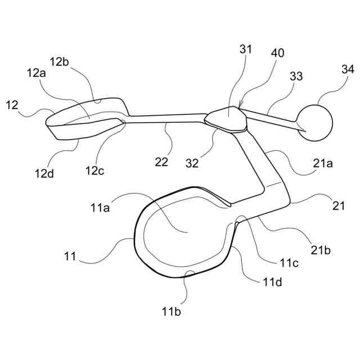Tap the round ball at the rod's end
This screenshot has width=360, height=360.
coord(315,121)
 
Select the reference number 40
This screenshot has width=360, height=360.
coord(277,53)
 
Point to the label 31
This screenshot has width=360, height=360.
coord(246,49)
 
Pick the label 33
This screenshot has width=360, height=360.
coord(296,75)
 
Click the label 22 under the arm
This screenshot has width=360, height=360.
coord(161,162)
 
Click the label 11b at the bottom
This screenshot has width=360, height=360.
coord(172,309)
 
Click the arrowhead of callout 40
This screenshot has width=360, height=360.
coord(240,106)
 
